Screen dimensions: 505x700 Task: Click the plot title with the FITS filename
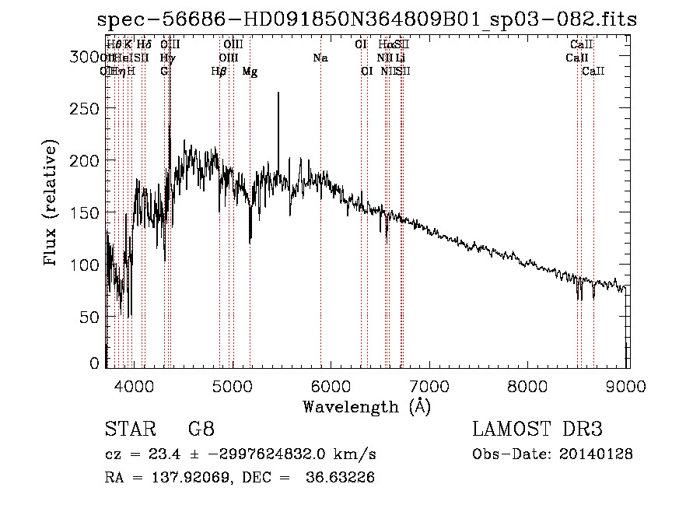[371, 19]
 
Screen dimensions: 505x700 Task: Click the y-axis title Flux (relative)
[51, 204]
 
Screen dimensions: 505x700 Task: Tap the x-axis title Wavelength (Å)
[366, 406]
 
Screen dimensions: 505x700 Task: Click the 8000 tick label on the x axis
[530, 385]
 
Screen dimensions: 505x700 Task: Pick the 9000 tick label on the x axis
[628, 385]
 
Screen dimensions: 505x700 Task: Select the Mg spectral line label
[250, 72]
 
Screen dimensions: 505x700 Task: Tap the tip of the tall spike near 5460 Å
[278, 93]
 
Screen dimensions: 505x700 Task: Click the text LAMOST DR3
[537, 430]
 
